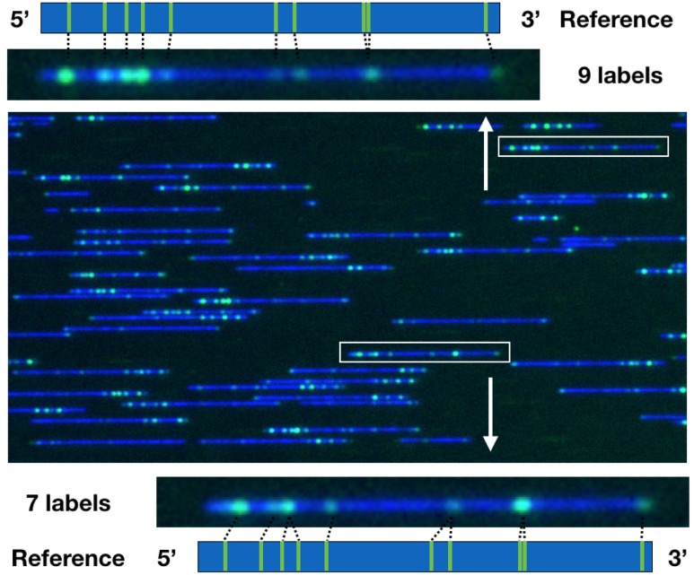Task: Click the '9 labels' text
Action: tap(620, 76)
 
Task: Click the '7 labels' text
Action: tap(68, 504)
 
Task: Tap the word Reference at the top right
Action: tap(616, 20)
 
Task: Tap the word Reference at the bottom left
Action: tap(68, 559)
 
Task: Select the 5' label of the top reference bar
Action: tap(20, 18)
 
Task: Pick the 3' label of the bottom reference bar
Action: tap(677, 556)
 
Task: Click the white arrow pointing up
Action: tap(486, 152)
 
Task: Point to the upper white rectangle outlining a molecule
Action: tap(584, 146)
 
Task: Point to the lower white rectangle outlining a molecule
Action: tap(424, 353)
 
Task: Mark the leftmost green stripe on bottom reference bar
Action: tap(224, 556)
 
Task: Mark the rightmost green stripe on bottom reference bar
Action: tap(642, 556)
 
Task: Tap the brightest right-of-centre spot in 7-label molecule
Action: tap(522, 504)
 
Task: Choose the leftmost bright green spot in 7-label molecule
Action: tap(240, 507)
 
